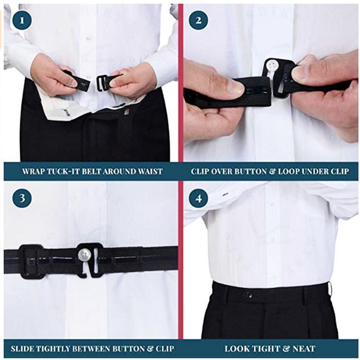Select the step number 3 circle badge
21,198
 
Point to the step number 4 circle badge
198,198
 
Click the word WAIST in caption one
148,171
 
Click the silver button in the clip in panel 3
84,255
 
